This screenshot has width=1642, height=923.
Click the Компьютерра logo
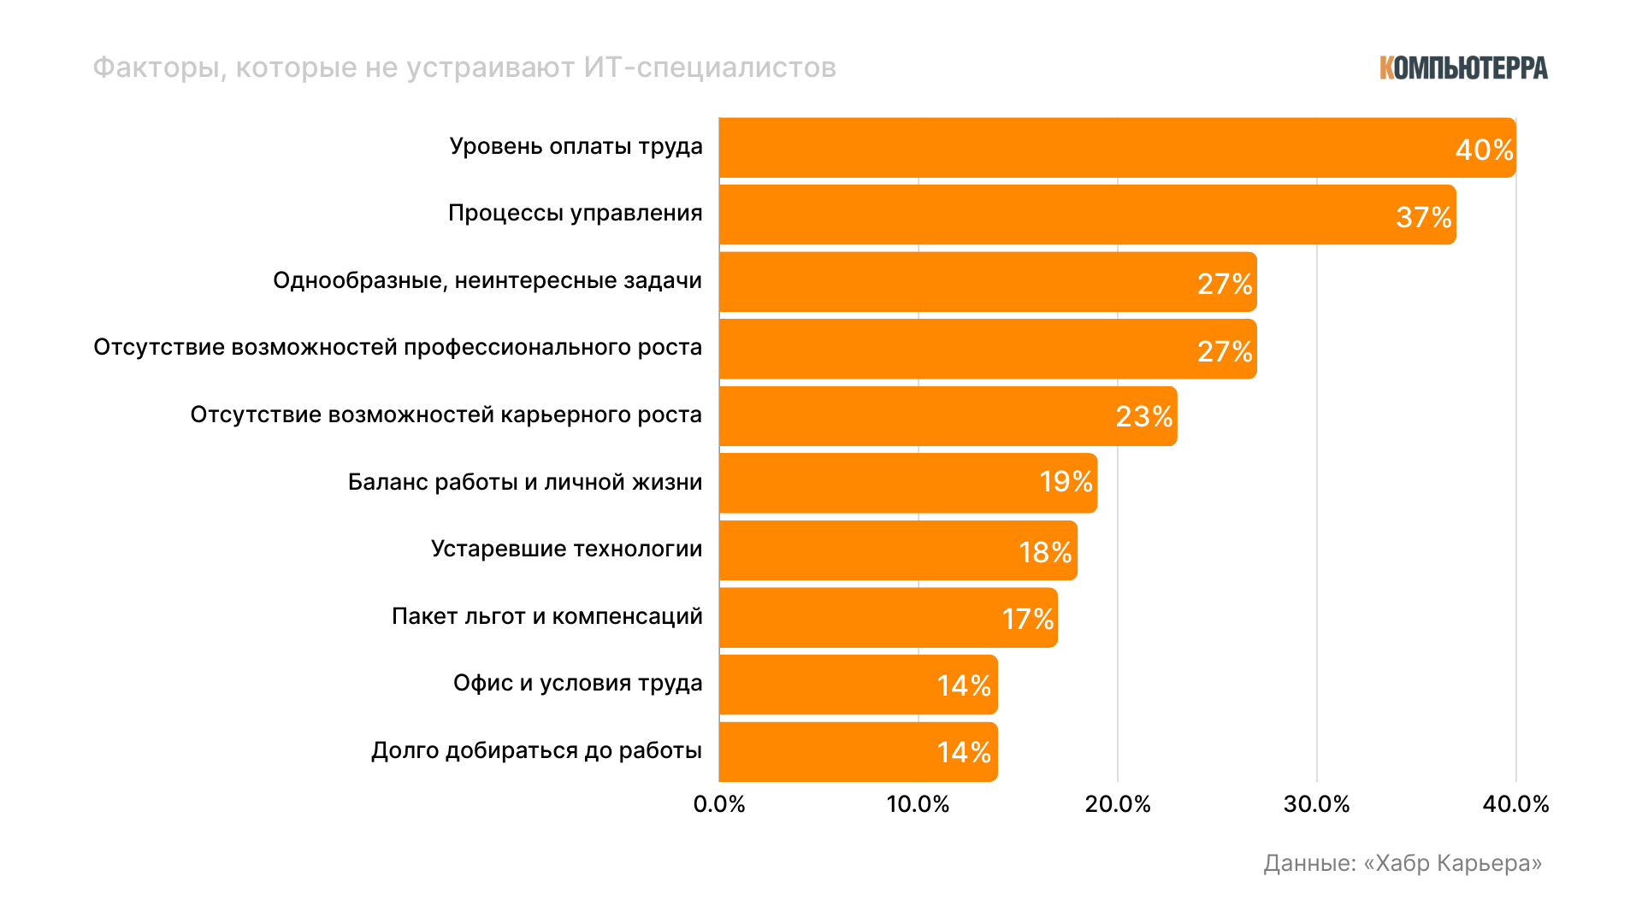1462,68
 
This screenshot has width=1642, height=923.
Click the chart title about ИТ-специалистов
464,68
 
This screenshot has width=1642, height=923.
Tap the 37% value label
1423,217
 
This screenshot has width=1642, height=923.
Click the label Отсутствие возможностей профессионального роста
398,348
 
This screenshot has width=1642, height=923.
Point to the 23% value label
1143,417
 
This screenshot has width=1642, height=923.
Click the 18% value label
1045,552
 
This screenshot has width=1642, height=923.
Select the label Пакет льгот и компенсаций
547,616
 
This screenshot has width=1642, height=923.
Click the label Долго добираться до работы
536,750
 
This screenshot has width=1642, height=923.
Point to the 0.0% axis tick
719,804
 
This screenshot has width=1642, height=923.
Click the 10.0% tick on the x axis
918,804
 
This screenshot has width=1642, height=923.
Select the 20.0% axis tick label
1118,804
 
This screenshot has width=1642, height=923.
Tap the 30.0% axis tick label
1316,804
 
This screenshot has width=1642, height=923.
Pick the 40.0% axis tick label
1515,804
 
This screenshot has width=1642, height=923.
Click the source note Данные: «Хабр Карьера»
1403,863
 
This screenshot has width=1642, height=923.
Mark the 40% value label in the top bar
1484,150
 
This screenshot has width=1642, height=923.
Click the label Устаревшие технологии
566,549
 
